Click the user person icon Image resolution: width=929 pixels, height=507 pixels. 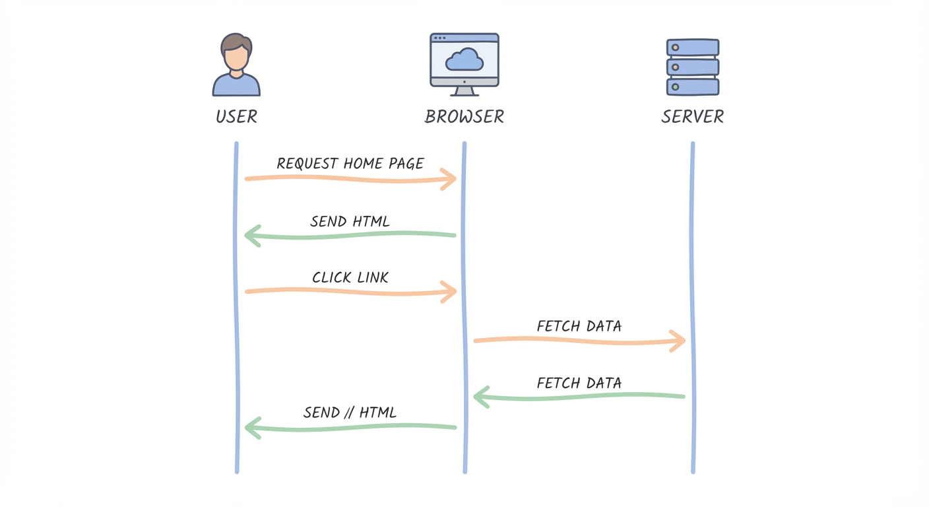click(236, 65)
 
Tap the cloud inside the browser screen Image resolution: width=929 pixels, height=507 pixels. click(464, 60)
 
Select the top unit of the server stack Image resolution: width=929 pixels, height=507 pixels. click(692, 48)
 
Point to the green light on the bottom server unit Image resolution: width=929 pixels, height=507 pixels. click(675, 87)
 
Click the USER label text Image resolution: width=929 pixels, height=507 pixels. click(236, 118)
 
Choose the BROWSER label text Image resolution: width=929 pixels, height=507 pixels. click(464, 118)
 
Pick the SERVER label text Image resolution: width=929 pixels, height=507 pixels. click(692, 118)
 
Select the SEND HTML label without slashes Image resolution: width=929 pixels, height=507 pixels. click(350, 221)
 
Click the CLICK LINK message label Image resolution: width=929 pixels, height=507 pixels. click(350, 277)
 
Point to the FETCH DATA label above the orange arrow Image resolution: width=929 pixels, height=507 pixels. click(579, 326)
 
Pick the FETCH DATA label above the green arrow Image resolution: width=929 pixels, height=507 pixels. click(579, 383)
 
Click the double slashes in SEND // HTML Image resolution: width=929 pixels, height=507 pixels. click(350, 413)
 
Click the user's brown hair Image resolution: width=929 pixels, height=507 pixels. click(236, 42)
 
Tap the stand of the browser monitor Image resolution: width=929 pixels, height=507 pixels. click(464, 92)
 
